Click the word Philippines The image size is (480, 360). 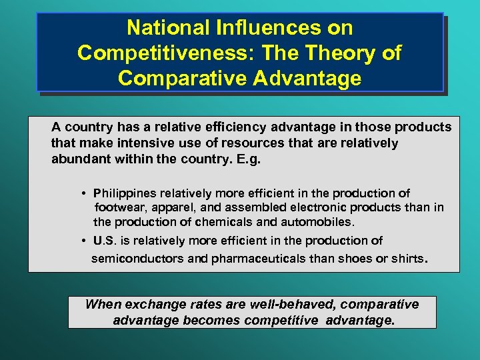click(127, 193)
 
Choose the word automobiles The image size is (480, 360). click(321, 221)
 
